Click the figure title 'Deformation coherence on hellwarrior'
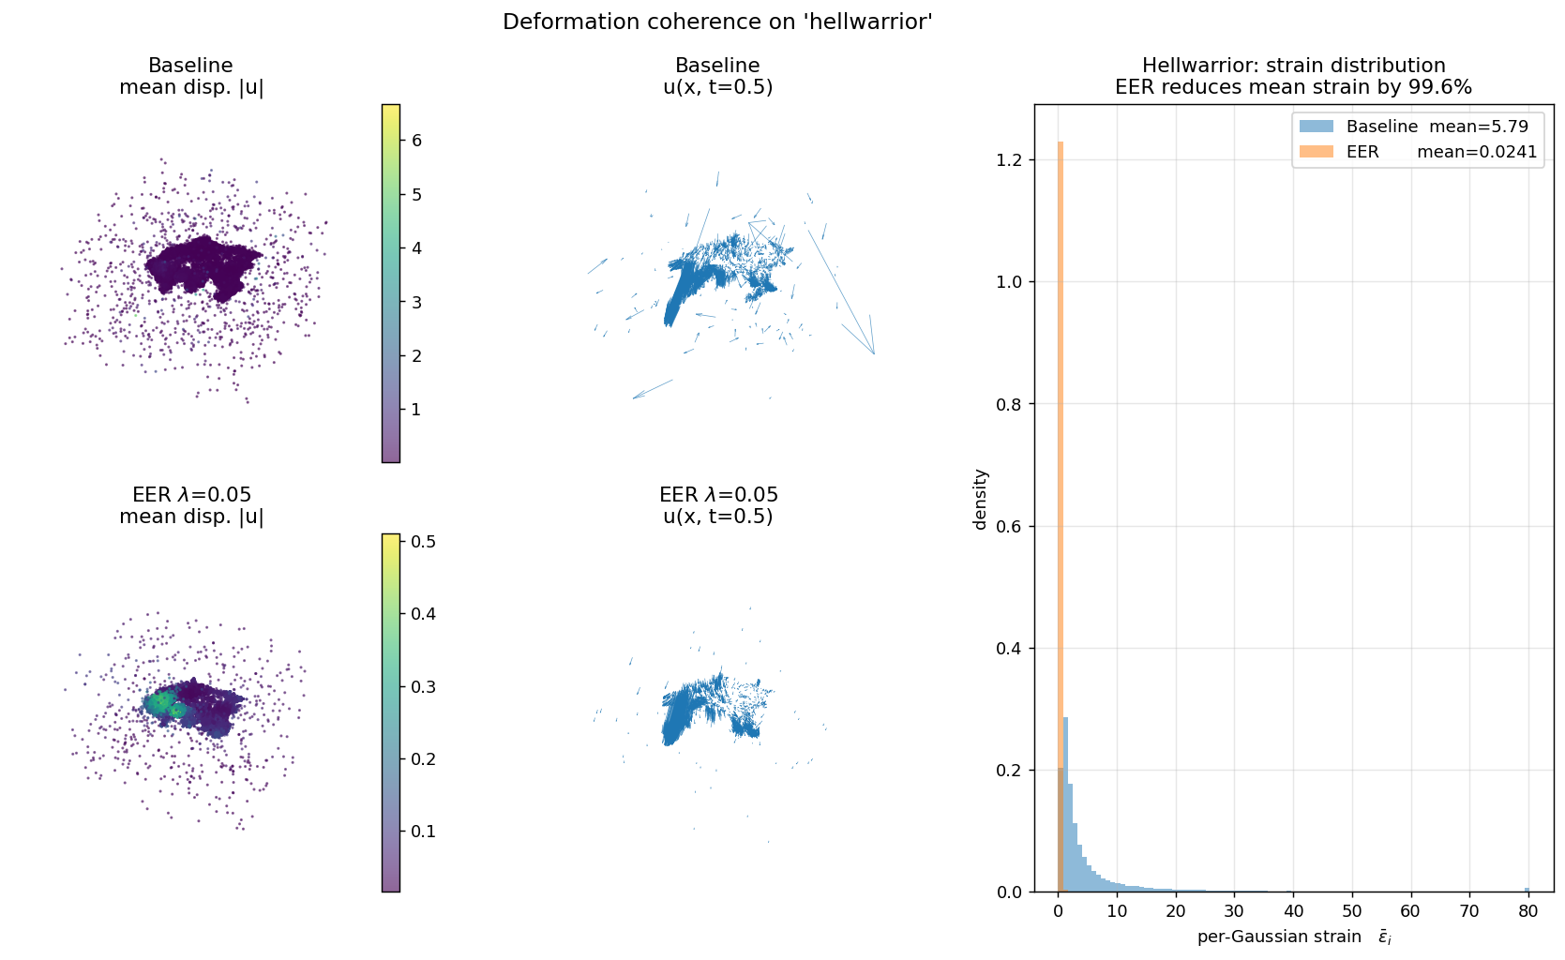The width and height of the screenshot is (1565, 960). [717, 22]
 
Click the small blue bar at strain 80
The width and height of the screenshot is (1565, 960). [1527, 890]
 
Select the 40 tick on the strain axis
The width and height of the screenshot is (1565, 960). [1293, 910]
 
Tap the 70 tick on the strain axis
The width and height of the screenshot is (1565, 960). [1469, 910]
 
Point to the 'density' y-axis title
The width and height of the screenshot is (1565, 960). [981, 499]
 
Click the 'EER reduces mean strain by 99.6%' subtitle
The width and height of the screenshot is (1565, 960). [1293, 87]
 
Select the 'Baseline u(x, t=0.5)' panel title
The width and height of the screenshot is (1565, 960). [717, 77]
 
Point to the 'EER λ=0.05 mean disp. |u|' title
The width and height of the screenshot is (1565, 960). [191, 505]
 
